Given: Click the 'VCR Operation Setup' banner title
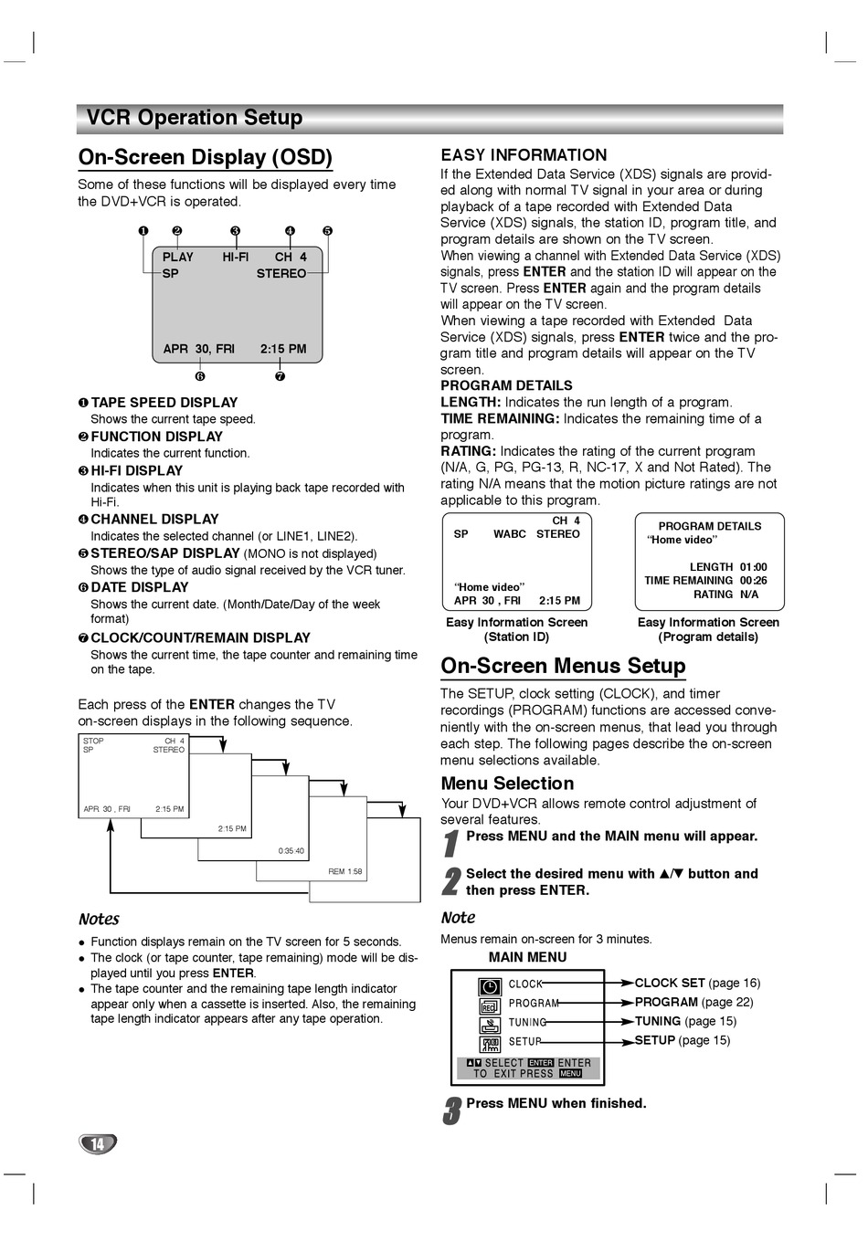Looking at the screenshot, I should click(x=194, y=118).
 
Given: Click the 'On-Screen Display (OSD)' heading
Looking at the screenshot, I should click(x=206, y=157).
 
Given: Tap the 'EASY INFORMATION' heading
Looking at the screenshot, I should click(x=524, y=155).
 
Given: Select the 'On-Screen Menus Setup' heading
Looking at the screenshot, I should click(x=563, y=666).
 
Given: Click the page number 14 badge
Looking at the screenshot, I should click(x=98, y=1143).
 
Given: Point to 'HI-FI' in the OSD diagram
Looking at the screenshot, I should click(x=236, y=258).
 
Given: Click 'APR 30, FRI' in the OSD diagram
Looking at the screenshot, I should click(x=198, y=349).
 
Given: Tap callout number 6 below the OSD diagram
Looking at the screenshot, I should click(x=200, y=376).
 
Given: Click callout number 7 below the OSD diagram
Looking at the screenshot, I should click(x=280, y=376).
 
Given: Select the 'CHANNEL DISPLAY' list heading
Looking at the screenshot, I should click(x=154, y=520).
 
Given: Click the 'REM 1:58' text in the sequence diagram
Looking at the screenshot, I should click(x=345, y=871).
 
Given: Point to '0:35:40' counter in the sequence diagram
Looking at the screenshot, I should click(x=291, y=851).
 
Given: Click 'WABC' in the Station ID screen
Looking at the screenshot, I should click(x=510, y=534).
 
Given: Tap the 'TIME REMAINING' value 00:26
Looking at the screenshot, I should click(x=754, y=581).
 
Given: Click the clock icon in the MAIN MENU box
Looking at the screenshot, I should click(x=491, y=986).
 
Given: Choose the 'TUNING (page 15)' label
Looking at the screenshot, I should click(x=685, y=1021).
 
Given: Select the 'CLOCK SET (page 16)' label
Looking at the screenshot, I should click(x=697, y=983).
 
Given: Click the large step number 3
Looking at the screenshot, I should click(x=451, y=1111).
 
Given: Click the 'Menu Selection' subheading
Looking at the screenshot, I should click(x=507, y=784).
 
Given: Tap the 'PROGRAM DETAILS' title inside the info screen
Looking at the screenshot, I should click(x=710, y=526).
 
